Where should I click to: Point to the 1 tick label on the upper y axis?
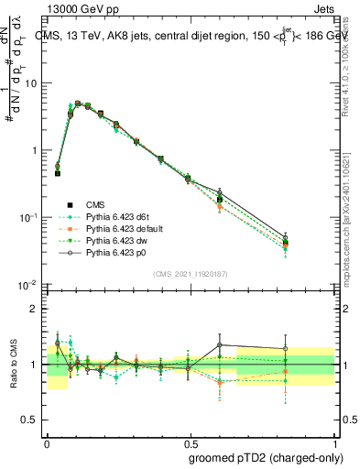[36, 150]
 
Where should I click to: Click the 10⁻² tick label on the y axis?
[29, 284]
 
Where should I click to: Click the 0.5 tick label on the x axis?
[190, 442]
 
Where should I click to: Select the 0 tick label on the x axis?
[47, 442]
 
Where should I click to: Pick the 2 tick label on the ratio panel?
[37, 309]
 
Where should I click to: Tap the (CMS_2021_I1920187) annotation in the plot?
[190, 274]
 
